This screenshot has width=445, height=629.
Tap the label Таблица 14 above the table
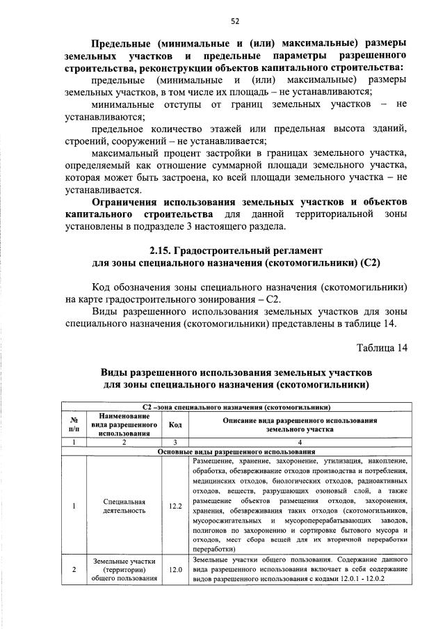click(x=382, y=347)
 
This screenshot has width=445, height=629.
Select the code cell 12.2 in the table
click(x=175, y=506)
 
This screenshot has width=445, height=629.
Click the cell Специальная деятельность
click(x=123, y=506)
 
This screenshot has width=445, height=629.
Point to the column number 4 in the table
click(x=300, y=443)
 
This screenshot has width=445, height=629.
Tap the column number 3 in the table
click(x=175, y=443)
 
